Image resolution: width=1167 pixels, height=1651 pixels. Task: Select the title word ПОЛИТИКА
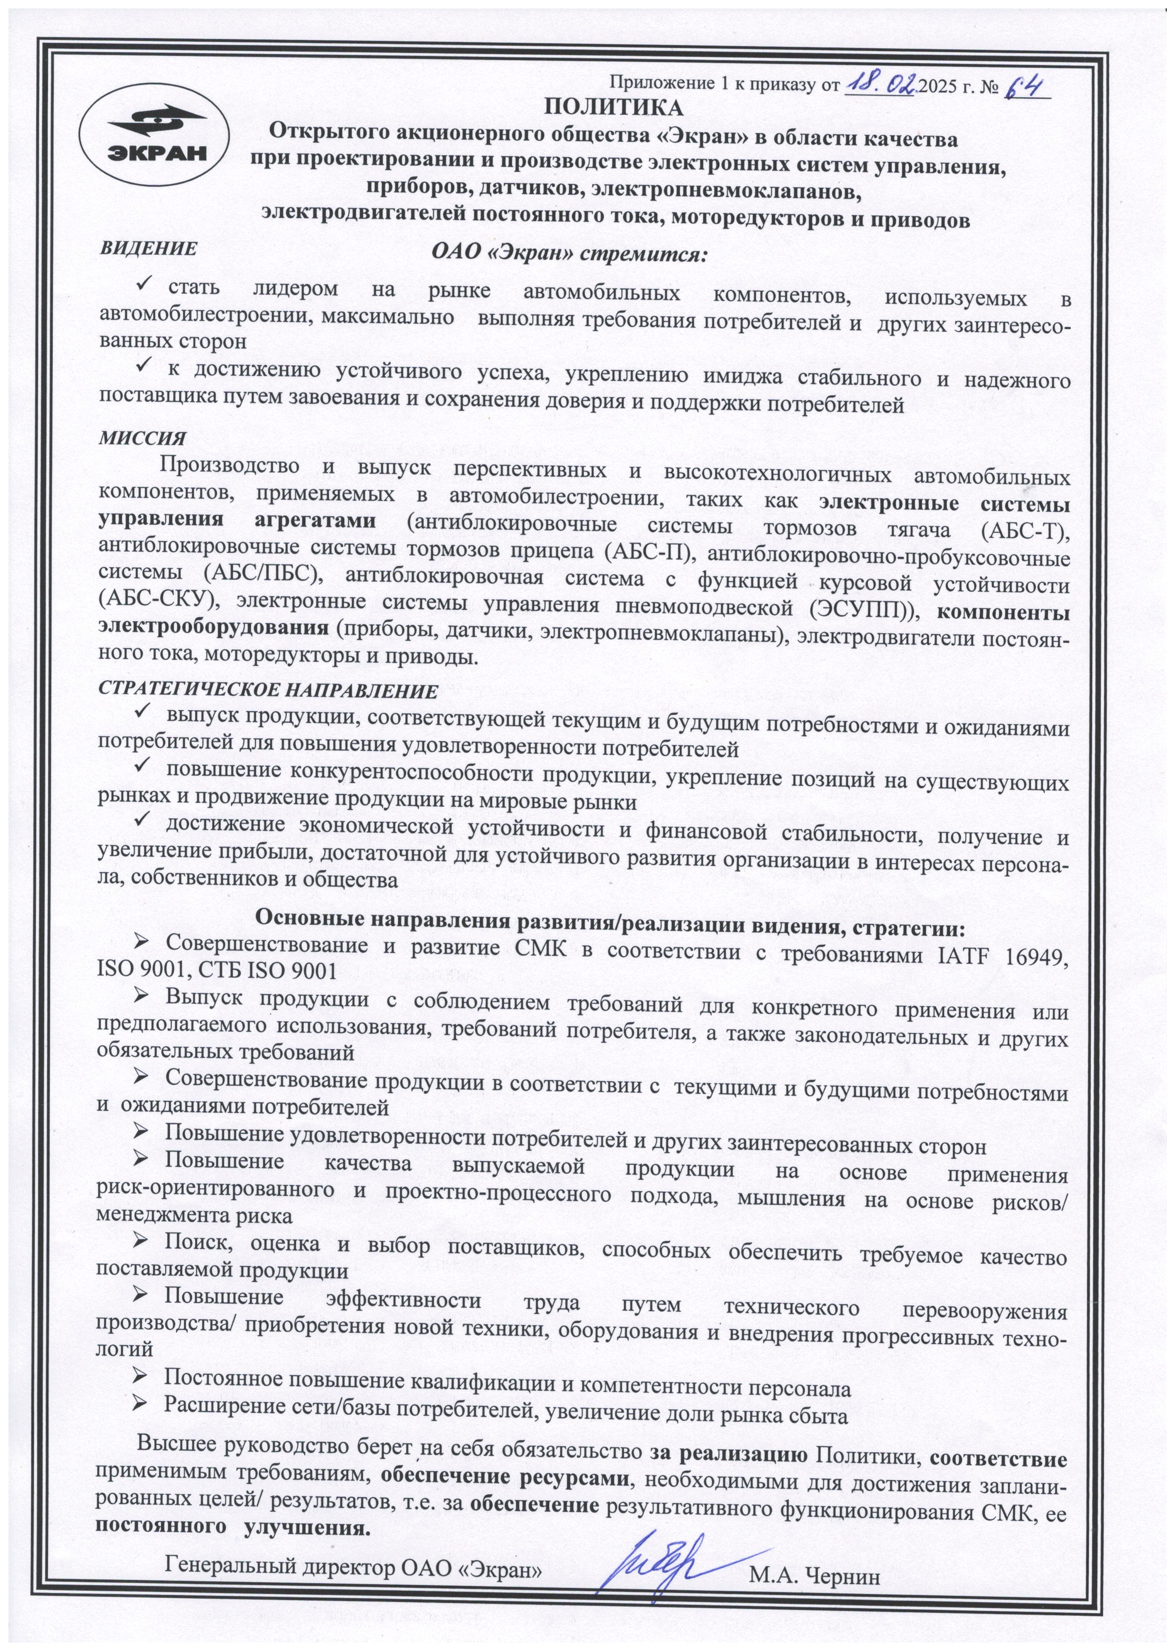coord(613,108)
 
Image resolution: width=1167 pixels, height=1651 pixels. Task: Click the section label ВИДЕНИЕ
coord(149,249)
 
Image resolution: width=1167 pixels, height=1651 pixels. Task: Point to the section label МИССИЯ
coord(142,438)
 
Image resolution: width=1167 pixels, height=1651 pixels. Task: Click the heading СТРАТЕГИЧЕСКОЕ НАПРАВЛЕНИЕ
coord(267,690)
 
